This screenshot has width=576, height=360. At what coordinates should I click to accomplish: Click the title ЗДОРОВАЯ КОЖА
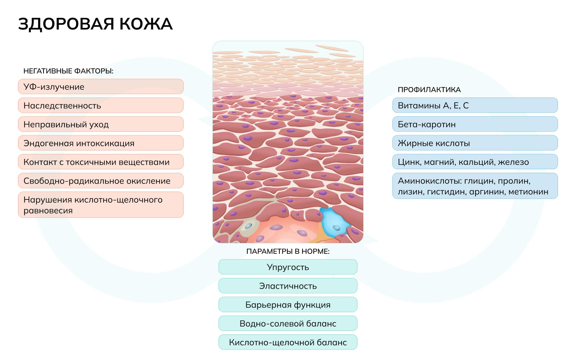click(95, 24)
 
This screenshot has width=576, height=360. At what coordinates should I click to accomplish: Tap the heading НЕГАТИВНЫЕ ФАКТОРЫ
click(68, 71)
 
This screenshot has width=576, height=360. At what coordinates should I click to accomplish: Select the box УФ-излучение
click(101, 87)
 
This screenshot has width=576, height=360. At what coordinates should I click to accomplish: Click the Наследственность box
click(101, 105)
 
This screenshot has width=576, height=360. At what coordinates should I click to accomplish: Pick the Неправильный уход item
click(101, 124)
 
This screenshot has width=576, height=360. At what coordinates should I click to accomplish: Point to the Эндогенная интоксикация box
click(101, 143)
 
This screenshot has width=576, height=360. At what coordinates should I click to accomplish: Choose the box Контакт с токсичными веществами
click(101, 162)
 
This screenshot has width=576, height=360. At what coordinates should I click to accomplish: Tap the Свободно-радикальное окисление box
click(101, 181)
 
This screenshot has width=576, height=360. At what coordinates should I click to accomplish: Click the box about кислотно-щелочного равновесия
click(101, 205)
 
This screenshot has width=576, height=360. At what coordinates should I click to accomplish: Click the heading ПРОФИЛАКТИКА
click(429, 90)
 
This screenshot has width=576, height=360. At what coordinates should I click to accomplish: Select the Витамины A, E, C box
click(475, 105)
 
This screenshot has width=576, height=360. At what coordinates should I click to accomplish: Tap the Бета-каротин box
click(475, 124)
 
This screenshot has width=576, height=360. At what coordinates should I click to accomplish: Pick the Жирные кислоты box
click(475, 143)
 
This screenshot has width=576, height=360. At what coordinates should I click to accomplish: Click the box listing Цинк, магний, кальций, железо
click(475, 162)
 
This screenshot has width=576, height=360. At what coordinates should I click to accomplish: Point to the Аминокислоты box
click(475, 186)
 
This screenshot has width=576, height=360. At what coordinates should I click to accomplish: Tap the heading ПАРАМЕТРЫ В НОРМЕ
click(288, 251)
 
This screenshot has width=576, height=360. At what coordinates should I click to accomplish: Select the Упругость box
click(288, 267)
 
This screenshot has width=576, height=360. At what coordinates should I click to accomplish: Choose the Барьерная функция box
click(288, 305)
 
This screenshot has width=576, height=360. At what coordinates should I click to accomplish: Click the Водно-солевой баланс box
click(288, 323)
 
